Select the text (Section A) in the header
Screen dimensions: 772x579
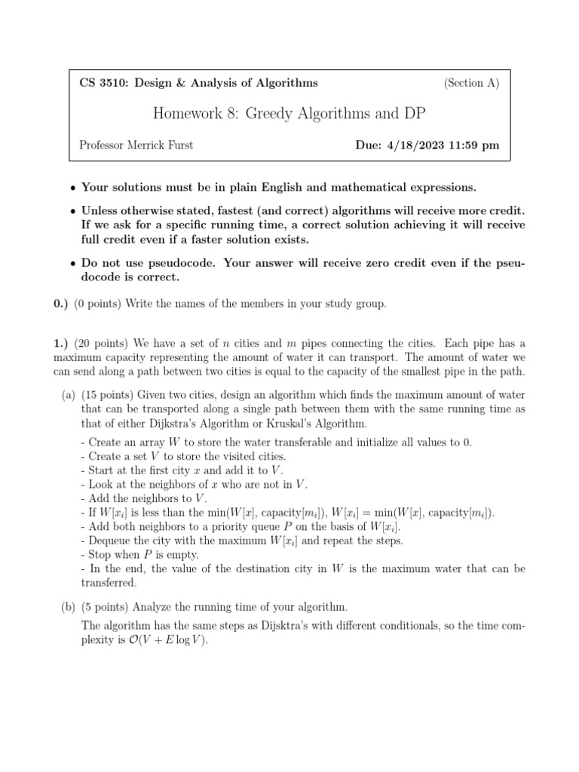point(471,83)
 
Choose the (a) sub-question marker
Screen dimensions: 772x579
point(69,395)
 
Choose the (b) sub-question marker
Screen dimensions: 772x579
point(69,606)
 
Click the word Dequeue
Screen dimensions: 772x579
point(110,541)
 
